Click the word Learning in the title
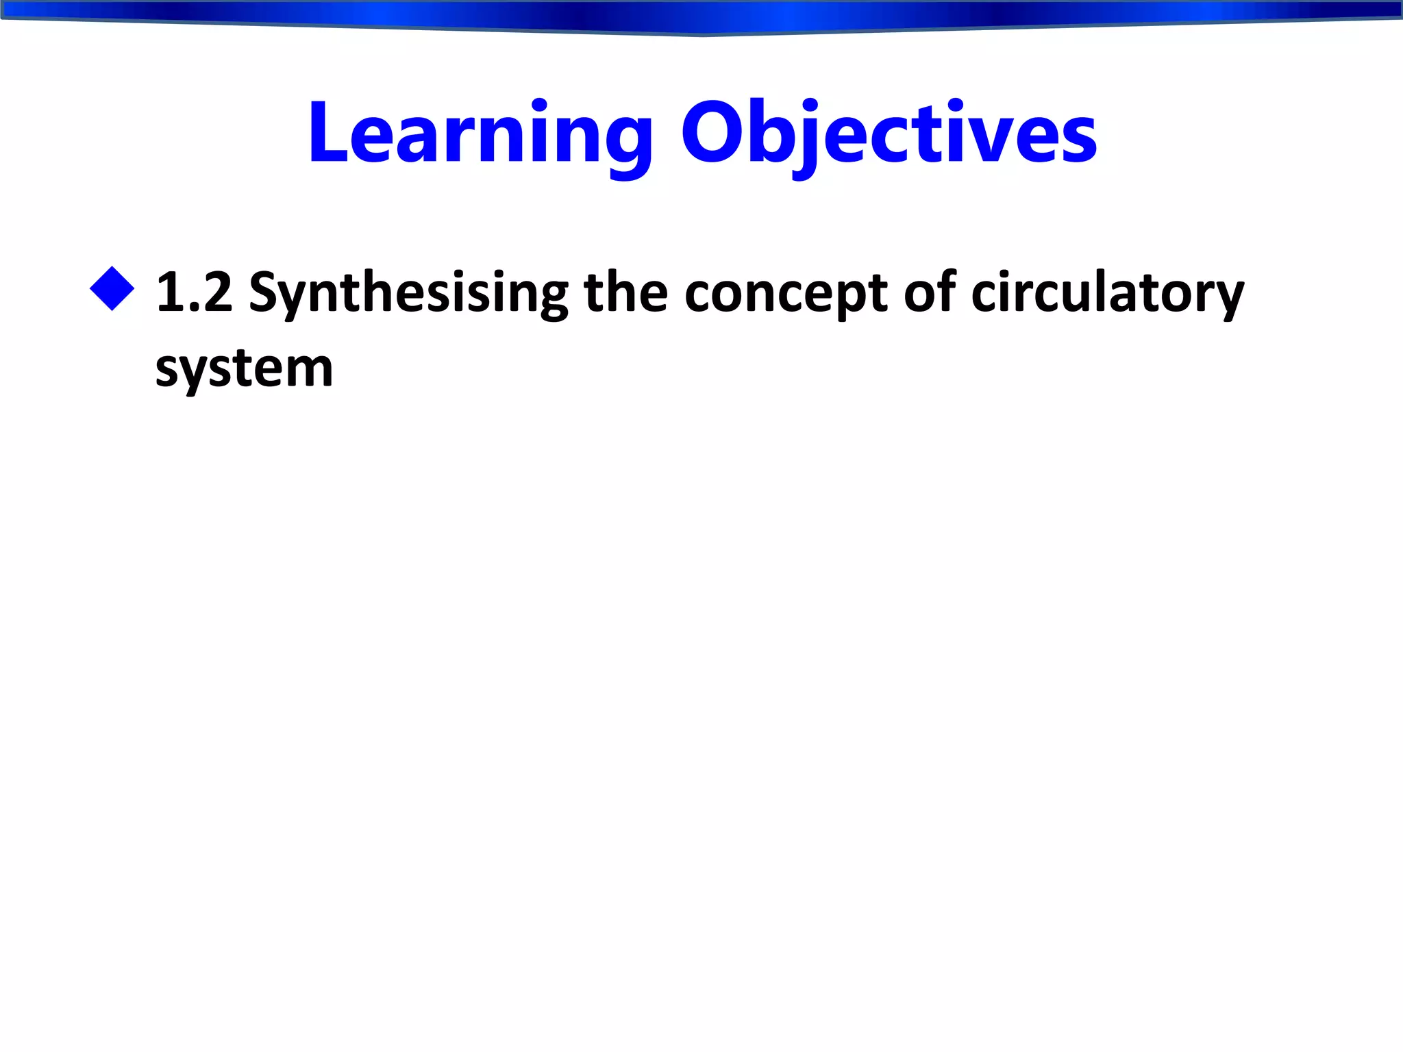point(480,134)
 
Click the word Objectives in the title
point(889,134)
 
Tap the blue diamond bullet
point(112,289)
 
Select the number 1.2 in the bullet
point(195,292)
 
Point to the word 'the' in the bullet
point(625,292)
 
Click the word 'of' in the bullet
point(929,292)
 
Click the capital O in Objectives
point(712,134)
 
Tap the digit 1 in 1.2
point(170,292)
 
